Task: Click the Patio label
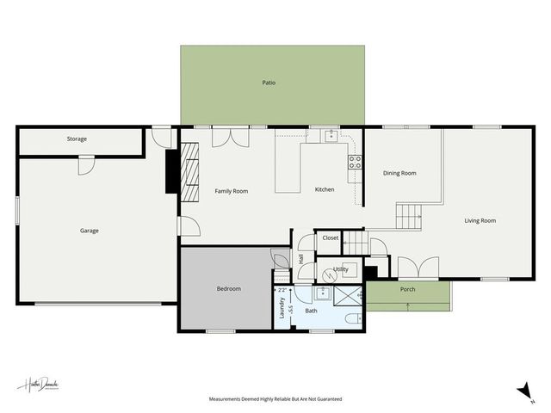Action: click(269, 83)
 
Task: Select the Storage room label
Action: click(77, 139)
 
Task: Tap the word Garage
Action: click(90, 231)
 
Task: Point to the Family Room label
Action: click(231, 191)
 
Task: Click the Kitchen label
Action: click(324, 189)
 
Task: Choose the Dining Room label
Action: click(399, 173)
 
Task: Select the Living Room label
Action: click(480, 221)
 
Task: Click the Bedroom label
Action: click(228, 289)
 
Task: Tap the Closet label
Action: click(331, 237)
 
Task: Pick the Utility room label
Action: click(341, 269)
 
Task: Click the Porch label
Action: click(408, 289)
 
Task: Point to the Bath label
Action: click(311, 311)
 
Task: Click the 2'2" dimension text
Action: click(282, 291)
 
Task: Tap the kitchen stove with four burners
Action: click(353, 162)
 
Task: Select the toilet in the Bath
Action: click(351, 319)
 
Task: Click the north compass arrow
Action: click(523, 392)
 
